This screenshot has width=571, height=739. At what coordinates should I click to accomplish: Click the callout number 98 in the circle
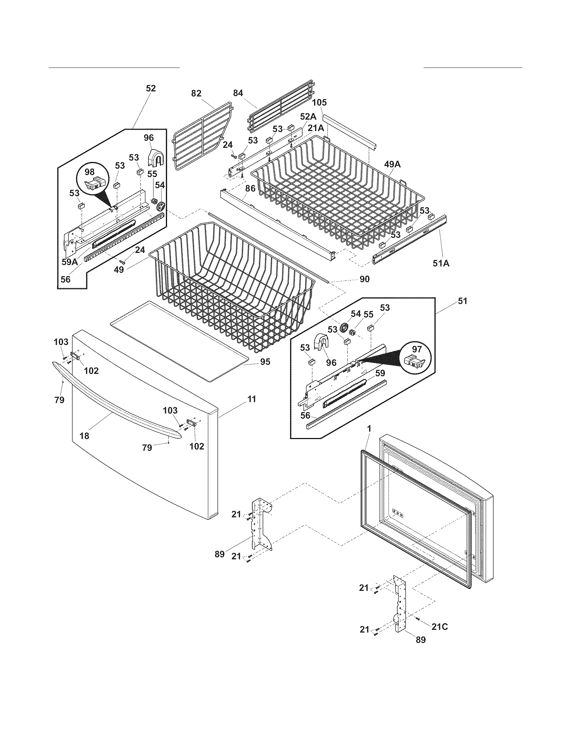coord(90,172)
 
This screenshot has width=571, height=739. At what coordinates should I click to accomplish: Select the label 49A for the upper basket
coord(392,165)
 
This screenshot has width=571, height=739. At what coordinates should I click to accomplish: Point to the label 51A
coord(441,263)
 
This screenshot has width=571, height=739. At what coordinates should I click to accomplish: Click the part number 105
coord(319,102)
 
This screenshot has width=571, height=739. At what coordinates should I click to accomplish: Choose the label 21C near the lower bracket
coord(439,627)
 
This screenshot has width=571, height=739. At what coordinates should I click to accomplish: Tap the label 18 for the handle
coord(84,436)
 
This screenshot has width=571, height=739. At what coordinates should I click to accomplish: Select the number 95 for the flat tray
coord(265,362)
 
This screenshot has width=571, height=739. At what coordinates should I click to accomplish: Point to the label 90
coord(364,279)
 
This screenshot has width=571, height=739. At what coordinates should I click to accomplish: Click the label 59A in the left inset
coord(70,262)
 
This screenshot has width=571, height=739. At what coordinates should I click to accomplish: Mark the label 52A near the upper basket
coord(308,117)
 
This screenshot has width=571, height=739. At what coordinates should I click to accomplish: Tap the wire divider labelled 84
coord(281,112)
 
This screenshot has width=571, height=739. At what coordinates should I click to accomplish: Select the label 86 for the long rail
coord(250,188)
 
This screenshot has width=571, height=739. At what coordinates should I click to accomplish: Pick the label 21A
coord(316,128)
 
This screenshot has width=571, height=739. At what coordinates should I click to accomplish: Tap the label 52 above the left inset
coord(151,88)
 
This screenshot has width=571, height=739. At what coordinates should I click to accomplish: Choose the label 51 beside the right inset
coord(462,301)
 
